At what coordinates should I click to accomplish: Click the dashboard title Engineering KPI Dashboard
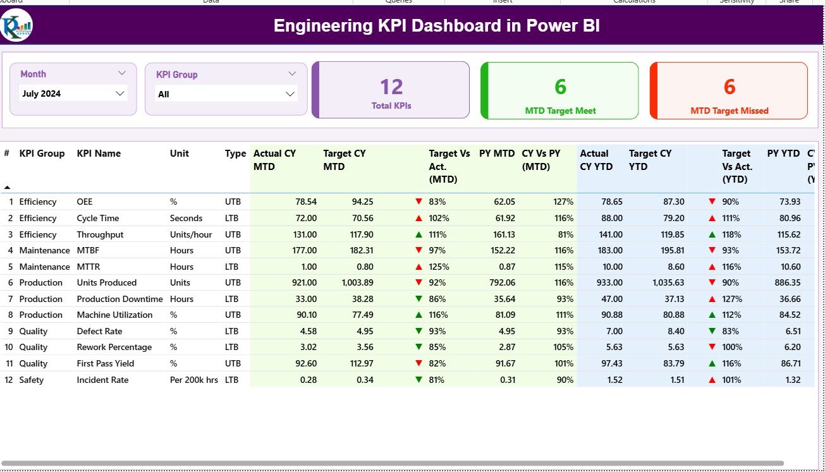(436, 26)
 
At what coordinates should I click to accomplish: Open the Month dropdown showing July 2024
(73, 94)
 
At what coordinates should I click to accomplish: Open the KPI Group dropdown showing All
(226, 94)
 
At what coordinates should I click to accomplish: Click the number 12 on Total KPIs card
(391, 87)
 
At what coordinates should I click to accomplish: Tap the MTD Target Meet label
(560, 111)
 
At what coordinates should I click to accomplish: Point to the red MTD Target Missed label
(729, 111)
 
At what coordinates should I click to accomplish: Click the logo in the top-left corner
(16, 26)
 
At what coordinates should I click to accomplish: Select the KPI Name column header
(99, 154)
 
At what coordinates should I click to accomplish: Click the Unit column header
(180, 154)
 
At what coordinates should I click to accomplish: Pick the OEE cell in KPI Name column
(85, 202)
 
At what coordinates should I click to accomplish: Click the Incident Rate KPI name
(102, 380)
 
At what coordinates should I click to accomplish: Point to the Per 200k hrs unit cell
(193, 380)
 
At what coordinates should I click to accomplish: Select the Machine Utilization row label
(114, 315)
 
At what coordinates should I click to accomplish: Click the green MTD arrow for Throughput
(419, 234)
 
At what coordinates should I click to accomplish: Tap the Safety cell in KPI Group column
(32, 380)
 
